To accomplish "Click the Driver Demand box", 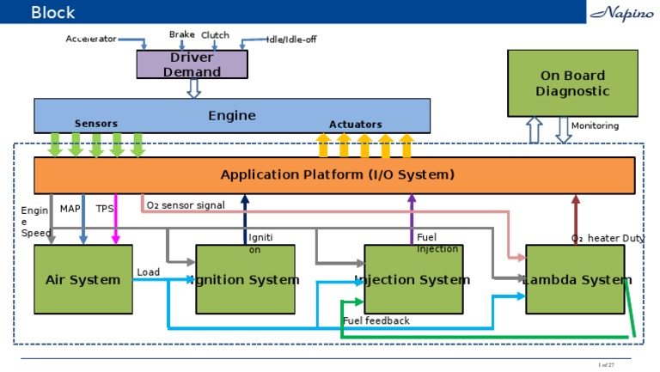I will tap(192, 64).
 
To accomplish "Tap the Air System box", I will tap(82, 279).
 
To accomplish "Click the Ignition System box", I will tap(246, 279).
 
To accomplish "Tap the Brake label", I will tap(181, 34).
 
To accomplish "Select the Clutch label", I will tap(215, 34).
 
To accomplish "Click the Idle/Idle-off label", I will tap(291, 40).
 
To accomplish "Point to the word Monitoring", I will tap(595, 125).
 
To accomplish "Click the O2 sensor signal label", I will tap(186, 205).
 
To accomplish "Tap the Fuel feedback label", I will tap(376, 320).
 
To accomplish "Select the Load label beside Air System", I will tap(148, 272).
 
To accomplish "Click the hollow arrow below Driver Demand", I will tap(193, 88).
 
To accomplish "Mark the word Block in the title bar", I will tap(53, 12).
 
